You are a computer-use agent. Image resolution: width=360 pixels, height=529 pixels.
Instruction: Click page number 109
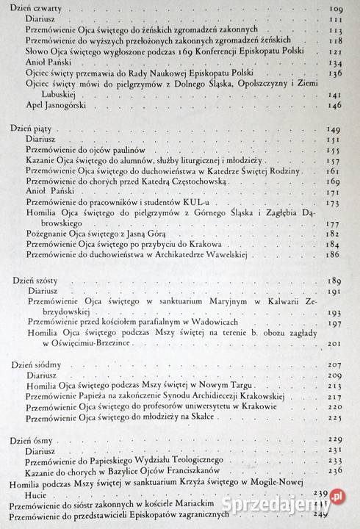tap(337, 8)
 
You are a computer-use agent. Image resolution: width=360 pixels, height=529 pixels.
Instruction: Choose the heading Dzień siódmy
tap(36, 364)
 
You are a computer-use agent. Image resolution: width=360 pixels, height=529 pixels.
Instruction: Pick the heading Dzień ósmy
tap(33, 439)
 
